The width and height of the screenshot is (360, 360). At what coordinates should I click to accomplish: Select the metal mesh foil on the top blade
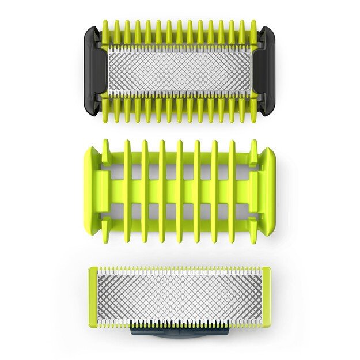click(180, 70)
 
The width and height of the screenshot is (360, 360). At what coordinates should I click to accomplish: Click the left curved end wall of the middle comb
click(95, 190)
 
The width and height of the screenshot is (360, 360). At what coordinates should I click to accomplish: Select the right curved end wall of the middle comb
click(266, 190)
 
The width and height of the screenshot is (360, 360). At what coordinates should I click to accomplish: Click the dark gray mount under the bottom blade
click(180, 330)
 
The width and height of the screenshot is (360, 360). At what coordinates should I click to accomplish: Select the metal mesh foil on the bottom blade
click(180, 296)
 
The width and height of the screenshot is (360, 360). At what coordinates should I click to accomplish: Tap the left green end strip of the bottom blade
click(93, 296)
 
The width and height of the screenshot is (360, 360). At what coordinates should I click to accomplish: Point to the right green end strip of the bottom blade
click(267, 296)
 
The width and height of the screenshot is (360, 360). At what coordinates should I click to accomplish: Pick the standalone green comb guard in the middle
click(180, 190)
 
